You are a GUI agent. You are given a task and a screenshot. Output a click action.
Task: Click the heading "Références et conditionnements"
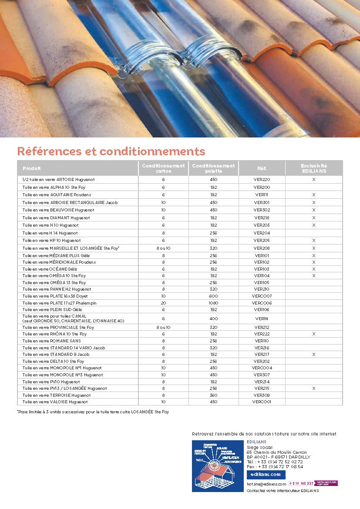pyautogui.click(x=111, y=151)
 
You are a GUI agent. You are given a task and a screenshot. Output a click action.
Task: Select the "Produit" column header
pyautogui.click(x=32, y=168)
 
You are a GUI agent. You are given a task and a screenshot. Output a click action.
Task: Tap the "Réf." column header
pyautogui.click(x=262, y=168)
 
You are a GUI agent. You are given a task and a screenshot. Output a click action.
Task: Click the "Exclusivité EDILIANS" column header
pyautogui.click(x=313, y=168)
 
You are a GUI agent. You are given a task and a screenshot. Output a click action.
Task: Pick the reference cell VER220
pyautogui.click(x=262, y=179)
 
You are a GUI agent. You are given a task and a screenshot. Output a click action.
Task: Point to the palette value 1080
pyautogui.click(x=213, y=303)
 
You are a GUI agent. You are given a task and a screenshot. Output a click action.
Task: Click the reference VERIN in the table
pyautogui.click(x=262, y=318)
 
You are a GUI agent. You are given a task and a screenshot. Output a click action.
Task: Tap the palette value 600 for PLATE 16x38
pyautogui.click(x=213, y=296)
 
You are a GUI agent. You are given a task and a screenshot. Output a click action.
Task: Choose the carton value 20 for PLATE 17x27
pyautogui.click(x=163, y=303)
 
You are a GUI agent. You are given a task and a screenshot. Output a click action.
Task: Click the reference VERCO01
pyautogui.click(x=262, y=402)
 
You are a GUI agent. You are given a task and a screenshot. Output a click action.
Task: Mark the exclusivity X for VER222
pyautogui.click(x=313, y=334)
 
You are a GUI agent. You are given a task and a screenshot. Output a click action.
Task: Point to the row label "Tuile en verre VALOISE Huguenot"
pyautogui.click(x=55, y=402)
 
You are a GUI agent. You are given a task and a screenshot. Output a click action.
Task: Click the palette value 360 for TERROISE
pyautogui.click(x=213, y=395)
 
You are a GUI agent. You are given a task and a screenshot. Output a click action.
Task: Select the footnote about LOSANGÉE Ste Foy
pyautogui.click(x=93, y=412)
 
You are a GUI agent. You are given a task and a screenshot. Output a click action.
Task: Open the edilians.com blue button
pyautogui.click(x=266, y=475)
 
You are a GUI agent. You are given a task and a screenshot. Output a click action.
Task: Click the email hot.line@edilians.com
pyautogui.click(x=266, y=484)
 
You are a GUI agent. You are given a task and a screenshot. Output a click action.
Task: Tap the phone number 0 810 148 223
pyautogui.click(x=301, y=483)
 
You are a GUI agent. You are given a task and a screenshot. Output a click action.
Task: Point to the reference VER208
pyautogui.click(x=262, y=248)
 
